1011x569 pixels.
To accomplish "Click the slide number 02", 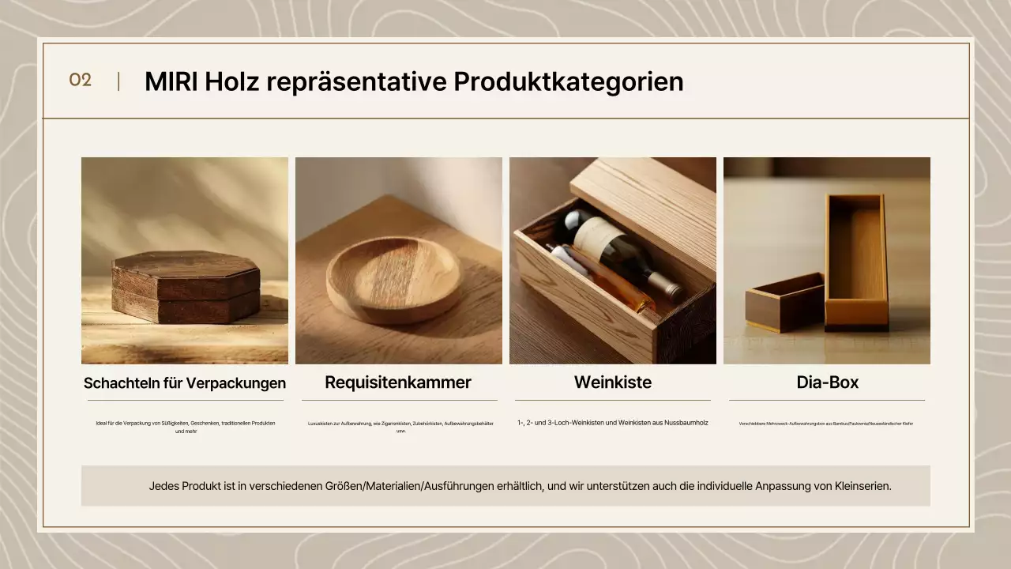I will coord(81,80).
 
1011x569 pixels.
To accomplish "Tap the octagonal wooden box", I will coord(186,287).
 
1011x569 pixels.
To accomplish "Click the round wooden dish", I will coord(393,278).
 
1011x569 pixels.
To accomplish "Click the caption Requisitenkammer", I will coord(398,382).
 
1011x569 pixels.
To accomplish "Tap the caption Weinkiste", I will coord(613,382).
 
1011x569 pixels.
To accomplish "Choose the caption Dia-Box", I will coord(827,382).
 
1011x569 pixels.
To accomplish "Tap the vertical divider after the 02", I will coord(118,81).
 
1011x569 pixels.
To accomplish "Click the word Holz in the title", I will coord(232,81).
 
